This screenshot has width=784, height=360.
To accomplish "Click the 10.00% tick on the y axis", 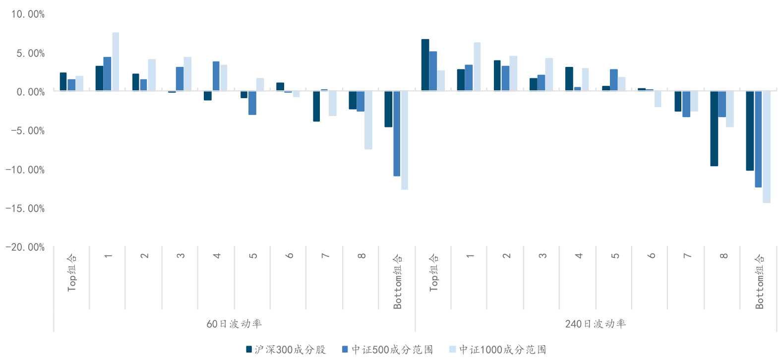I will pos(28,14).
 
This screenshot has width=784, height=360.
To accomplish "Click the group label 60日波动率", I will pos(234,324).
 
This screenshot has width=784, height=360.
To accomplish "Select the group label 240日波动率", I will pos(596,324).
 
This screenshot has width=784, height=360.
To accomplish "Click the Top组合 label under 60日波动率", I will pos(72,272).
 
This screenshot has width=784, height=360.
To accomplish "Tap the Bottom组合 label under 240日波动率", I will pos(759,281).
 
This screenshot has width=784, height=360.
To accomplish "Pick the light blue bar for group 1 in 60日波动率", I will pos(116,62).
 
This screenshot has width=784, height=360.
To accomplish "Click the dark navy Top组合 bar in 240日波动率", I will pos(425,65).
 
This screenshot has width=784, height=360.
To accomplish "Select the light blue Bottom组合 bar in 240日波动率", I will pos(767,147).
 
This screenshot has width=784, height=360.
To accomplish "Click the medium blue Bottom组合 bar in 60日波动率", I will pos(397,133).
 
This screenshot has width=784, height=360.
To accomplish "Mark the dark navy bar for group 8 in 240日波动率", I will pos(714,128).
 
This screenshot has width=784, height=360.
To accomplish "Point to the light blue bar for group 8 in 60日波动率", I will pos(368,120).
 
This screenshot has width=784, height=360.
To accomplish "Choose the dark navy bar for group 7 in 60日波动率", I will pos(316,106).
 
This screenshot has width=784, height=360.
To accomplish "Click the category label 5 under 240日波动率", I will pos(615,256).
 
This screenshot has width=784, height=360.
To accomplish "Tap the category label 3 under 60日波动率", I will pos(181,256).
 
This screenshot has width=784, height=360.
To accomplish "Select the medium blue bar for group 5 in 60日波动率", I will pos(252,103).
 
